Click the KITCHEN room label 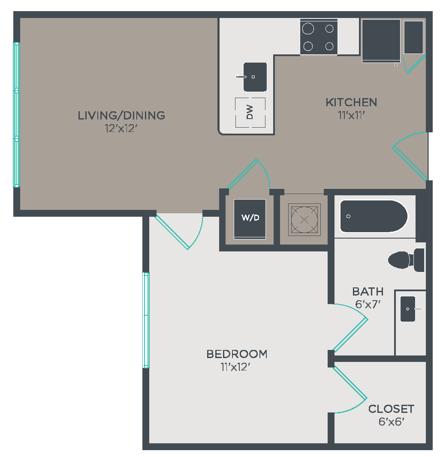pyautogui.click(x=351, y=102)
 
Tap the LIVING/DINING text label pyautogui.click(x=121, y=115)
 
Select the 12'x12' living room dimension pyautogui.click(x=121, y=128)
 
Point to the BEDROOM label pyautogui.click(x=237, y=354)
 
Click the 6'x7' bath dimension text pyautogui.click(x=368, y=304)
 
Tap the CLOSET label pyautogui.click(x=391, y=409)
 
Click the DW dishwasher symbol pyautogui.click(x=250, y=113)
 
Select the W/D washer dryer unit pyautogui.click(x=250, y=219)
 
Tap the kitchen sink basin pyautogui.click(x=255, y=77)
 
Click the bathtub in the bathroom pyautogui.click(x=374, y=216)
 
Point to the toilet pyautogui.click(x=406, y=260)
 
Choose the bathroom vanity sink pyautogui.click(x=408, y=309)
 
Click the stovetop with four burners pyautogui.click(x=319, y=37)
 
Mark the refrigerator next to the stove pyautogui.click(x=381, y=41)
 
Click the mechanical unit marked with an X pyautogui.click(x=304, y=219)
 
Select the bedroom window pyautogui.click(x=146, y=320)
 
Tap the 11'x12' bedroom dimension pyautogui.click(x=235, y=367)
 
